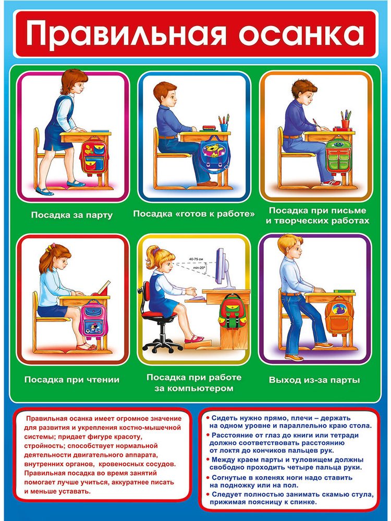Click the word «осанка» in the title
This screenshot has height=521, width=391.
[x=301, y=34]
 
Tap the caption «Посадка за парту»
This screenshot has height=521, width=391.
[x=72, y=215]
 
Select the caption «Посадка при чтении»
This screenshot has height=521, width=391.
[x=72, y=379]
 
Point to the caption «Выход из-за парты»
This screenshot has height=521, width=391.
[x=314, y=380]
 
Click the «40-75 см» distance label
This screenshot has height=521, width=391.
[x=196, y=258]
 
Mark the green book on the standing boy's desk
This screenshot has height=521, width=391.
[x=345, y=291]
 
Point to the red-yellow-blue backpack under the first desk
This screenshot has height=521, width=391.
[x=94, y=155]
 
